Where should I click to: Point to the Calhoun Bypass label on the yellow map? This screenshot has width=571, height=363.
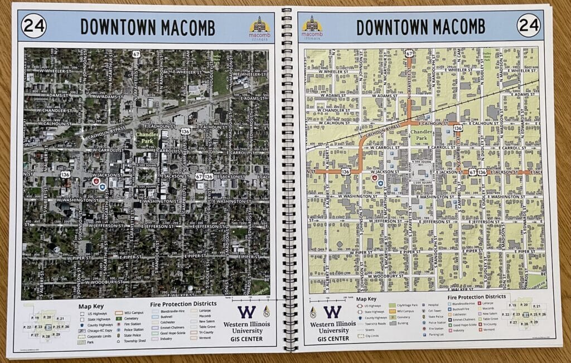[383, 133]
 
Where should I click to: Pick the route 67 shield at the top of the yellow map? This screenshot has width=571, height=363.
[410, 54]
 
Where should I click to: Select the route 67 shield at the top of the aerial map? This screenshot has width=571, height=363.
[137, 54]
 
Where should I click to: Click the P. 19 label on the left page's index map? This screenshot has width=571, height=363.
[35, 317]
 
